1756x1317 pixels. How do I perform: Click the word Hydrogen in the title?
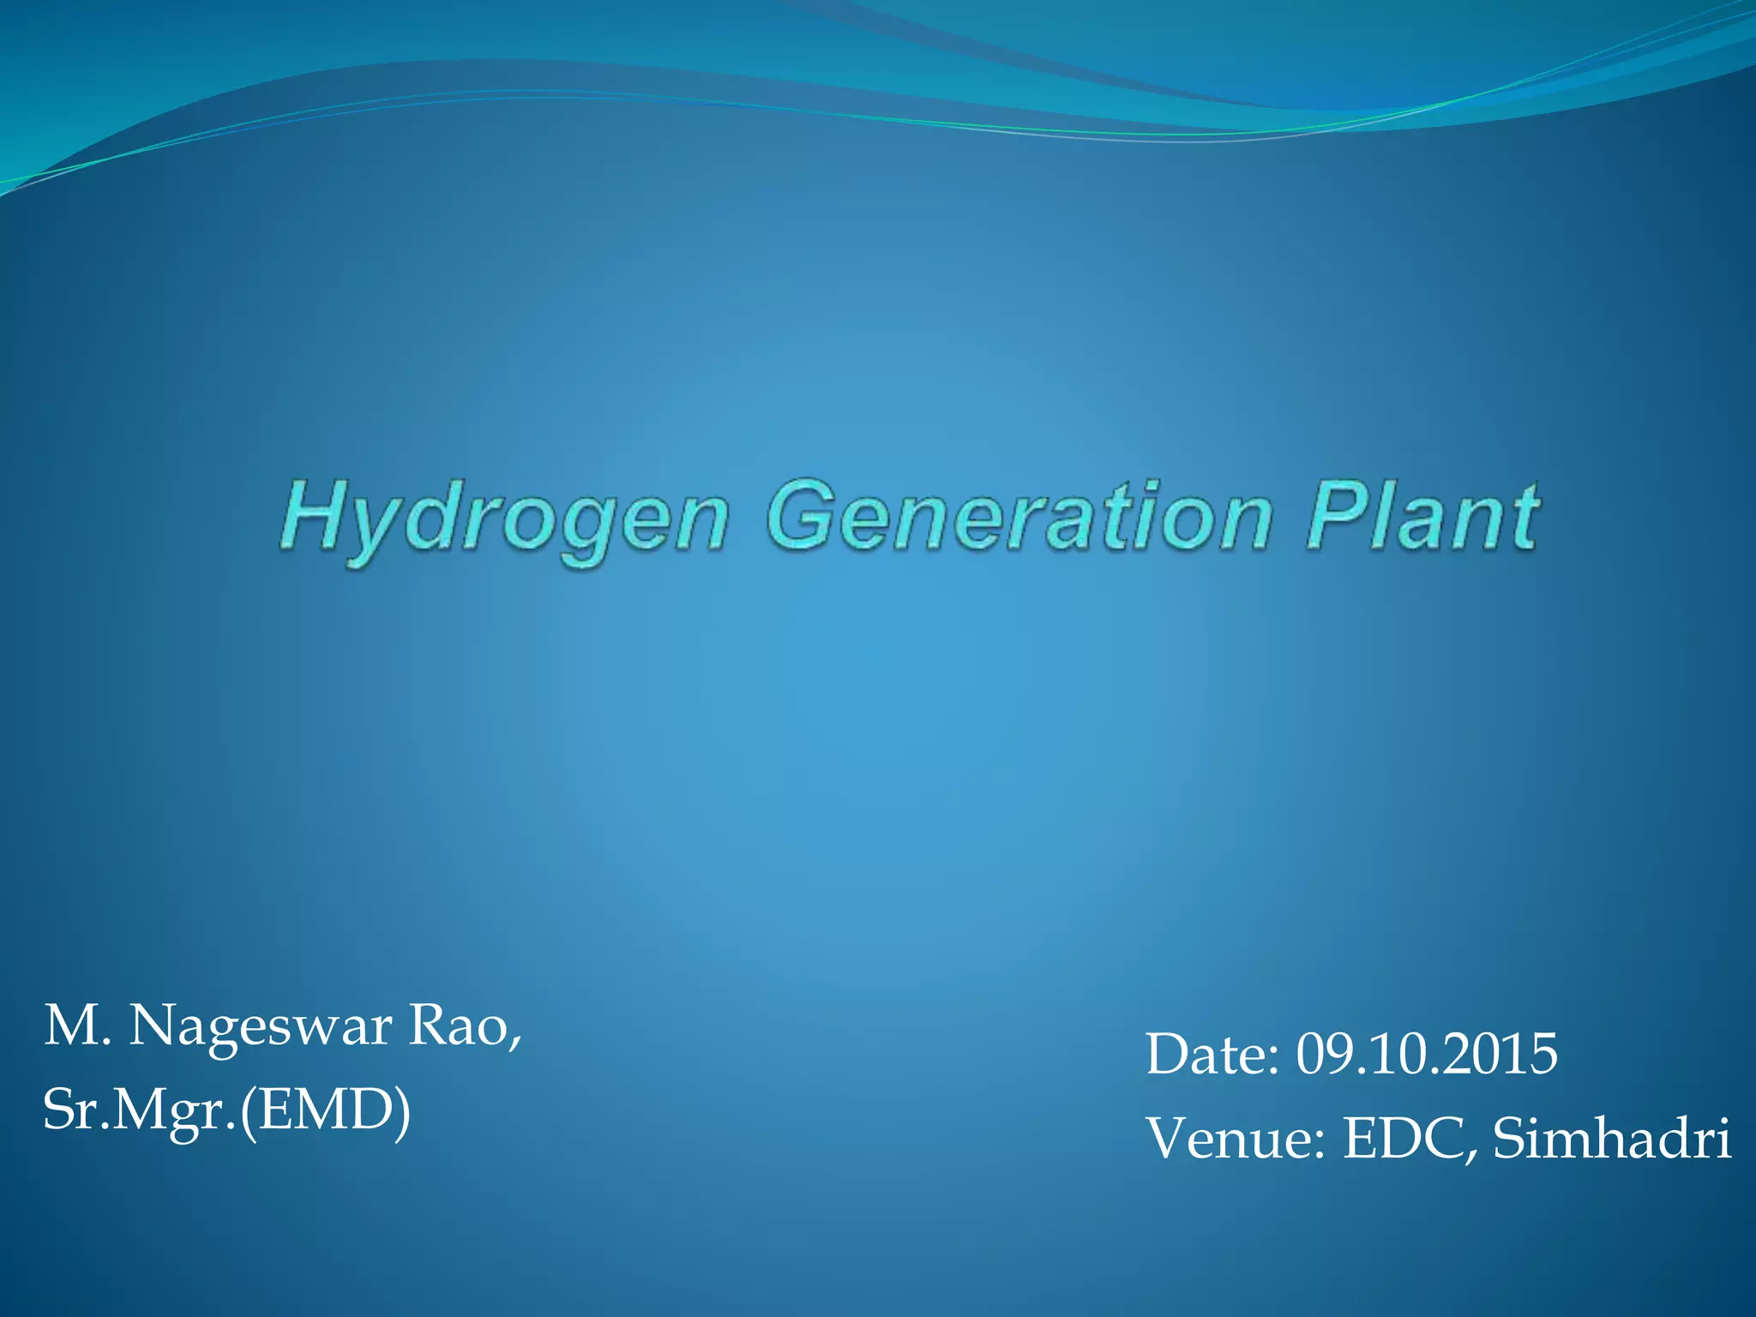pos(504,519)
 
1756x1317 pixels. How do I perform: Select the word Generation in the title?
pos(1019,516)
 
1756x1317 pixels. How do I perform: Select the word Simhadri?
pos(1612,1139)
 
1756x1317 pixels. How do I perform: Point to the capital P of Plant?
pos(1332,514)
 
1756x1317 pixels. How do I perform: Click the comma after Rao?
pos(514,1042)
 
